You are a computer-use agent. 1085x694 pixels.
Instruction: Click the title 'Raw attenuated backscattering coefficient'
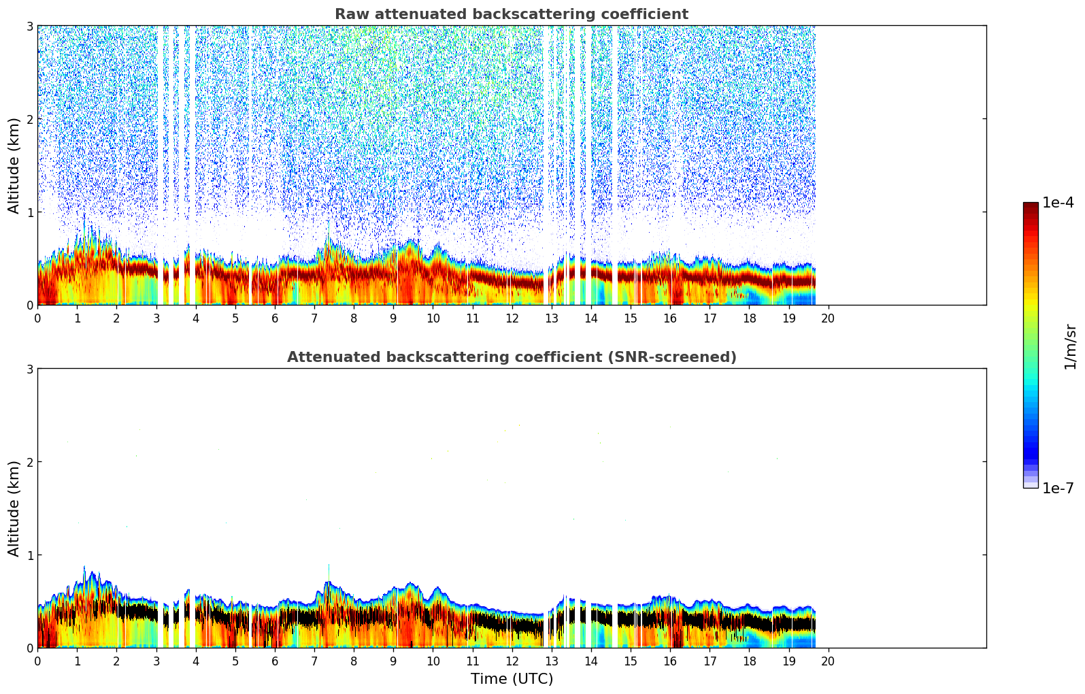(x=511, y=14)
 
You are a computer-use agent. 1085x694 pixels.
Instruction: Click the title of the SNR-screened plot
(x=511, y=357)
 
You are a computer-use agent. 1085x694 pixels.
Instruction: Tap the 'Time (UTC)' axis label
(x=512, y=679)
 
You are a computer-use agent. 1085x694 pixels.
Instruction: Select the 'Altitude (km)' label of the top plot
(x=14, y=165)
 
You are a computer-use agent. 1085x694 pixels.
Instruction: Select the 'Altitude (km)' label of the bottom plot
(x=14, y=508)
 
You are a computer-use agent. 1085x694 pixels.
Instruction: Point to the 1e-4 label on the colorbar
(x=1058, y=203)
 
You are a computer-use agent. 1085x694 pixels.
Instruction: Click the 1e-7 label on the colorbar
(x=1058, y=488)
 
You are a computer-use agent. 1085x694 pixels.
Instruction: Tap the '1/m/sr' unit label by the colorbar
(x=1070, y=346)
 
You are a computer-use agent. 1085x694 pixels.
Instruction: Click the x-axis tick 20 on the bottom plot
(x=828, y=661)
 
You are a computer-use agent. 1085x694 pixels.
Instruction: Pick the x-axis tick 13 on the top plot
(x=551, y=318)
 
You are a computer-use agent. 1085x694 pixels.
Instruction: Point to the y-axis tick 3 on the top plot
(x=29, y=26)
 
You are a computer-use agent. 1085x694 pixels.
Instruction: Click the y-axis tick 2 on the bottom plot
(x=29, y=462)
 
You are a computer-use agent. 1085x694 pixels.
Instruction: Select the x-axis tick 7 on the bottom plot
(x=314, y=661)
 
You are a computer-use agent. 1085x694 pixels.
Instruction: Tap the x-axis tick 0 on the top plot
(x=37, y=318)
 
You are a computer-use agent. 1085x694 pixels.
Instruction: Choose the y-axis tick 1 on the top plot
(x=29, y=212)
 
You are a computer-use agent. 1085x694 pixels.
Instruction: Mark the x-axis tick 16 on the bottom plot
(x=670, y=661)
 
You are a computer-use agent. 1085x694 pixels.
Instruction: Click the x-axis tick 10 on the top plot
(x=433, y=318)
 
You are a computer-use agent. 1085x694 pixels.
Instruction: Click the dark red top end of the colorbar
(x=1031, y=205)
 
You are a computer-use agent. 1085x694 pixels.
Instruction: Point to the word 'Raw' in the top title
(x=349, y=14)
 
